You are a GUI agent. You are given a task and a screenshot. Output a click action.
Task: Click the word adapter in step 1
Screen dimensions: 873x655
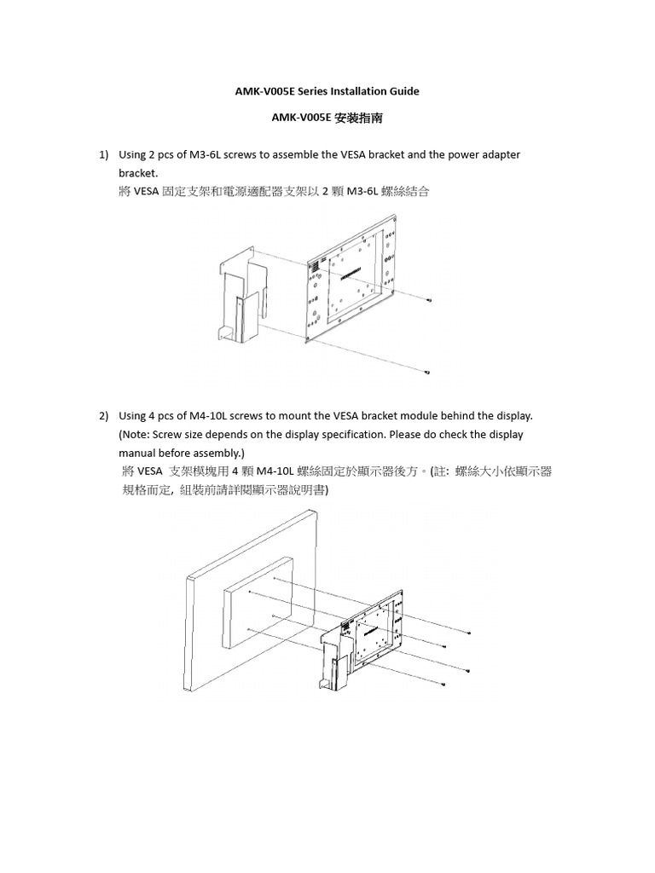pos(501,154)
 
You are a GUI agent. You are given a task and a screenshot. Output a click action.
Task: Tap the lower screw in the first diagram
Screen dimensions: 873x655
pos(426,373)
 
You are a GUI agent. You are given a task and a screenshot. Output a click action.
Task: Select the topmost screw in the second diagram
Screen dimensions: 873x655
pos(470,632)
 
